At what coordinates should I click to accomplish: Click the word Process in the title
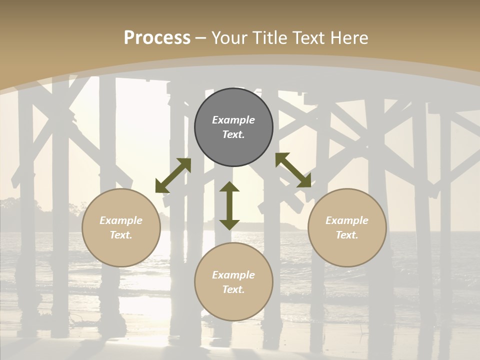(157, 38)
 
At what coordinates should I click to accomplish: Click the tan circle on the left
(121, 250)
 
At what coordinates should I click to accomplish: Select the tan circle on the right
(347, 250)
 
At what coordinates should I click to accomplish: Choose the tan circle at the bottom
(233, 305)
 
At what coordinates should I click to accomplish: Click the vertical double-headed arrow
(229, 206)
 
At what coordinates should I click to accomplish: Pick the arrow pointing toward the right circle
(293, 170)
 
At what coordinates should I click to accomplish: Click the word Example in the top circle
(233, 120)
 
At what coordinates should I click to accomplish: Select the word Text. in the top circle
(233, 134)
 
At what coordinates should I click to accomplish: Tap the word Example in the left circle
(121, 220)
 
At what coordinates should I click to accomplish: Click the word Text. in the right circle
(347, 235)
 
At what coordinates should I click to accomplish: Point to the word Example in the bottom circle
(233, 275)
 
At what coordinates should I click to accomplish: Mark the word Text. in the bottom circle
(233, 289)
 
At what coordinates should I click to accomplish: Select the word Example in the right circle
(347, 220)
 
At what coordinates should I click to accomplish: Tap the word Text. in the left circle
(121, 235)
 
